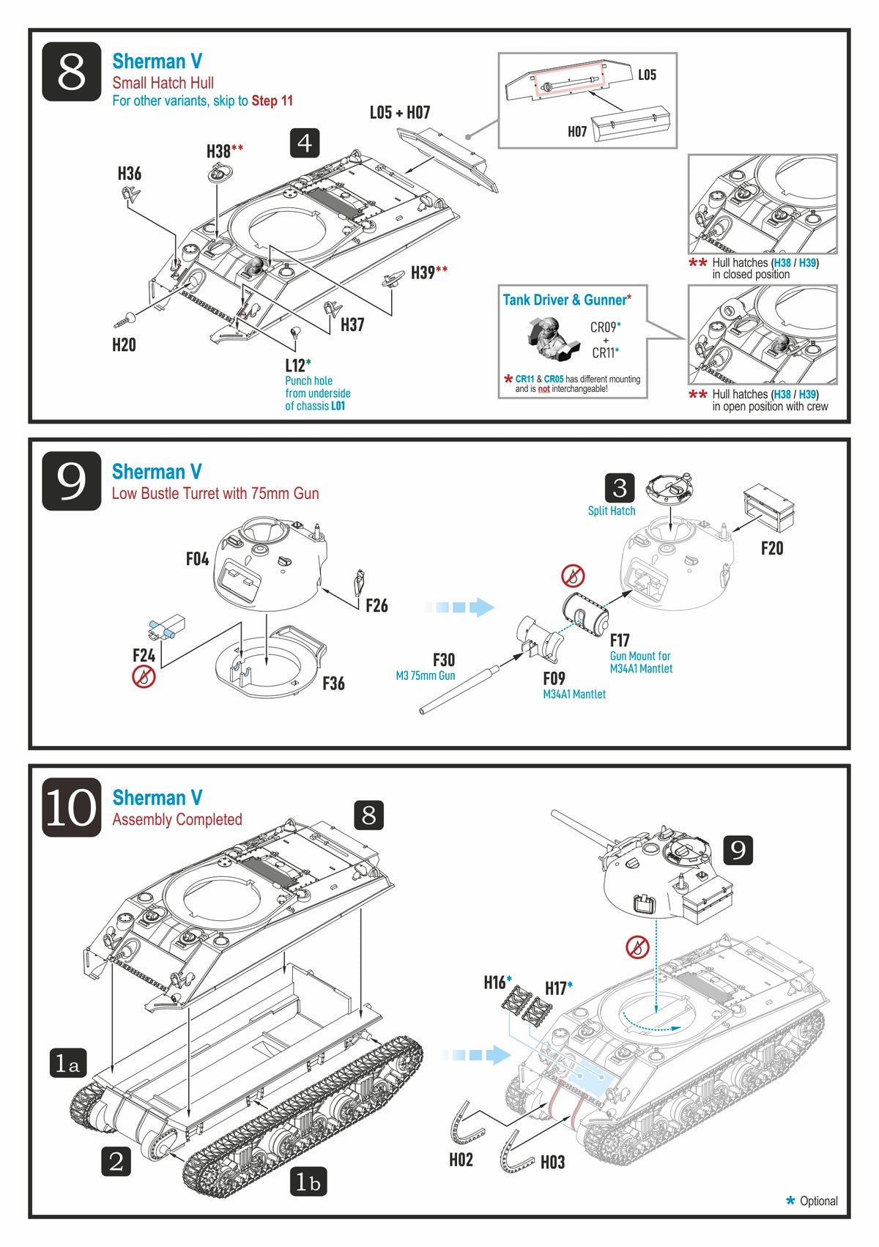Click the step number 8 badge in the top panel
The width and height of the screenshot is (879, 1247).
coord(71,72)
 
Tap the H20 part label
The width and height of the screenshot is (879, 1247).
coord(124,344)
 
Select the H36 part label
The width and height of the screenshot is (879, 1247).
coord(130,174)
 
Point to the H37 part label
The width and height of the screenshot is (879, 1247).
coord(352,325)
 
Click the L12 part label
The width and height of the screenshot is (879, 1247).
coord(295,366)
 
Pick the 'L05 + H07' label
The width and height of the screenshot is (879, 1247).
coord(399,113)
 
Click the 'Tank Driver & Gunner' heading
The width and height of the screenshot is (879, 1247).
coord(565,300)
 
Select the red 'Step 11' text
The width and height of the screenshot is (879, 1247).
coord(272,101)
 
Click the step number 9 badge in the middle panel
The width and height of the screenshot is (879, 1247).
coord(71,481)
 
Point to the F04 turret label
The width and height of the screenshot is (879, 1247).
coord(197,559)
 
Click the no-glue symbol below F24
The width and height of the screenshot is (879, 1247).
coord(144,676)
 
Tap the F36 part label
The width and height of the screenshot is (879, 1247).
coord(333,684)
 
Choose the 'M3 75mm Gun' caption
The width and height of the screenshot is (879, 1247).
coord(426,676)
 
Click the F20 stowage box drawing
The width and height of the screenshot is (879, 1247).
coord(769,507)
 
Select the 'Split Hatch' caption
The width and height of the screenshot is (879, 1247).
coord(612,511)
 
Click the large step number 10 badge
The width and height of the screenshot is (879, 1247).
coord(71,807)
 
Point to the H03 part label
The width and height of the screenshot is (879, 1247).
coord(552,1162)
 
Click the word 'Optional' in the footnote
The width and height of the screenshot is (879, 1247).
coord(818,1201)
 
